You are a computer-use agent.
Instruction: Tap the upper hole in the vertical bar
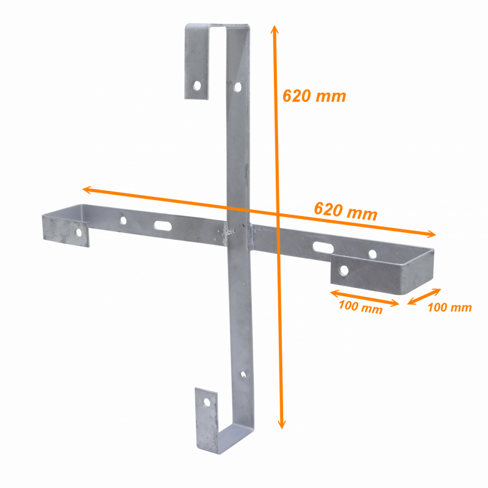pyautogui.click(x=238, y=87)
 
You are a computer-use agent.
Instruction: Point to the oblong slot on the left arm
pyautogui.click(x=163, y=225)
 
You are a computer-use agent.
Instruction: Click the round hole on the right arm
pyautogui.click(x=372, y=254)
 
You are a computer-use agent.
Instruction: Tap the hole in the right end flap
pyautogui.click(x=344, y=270)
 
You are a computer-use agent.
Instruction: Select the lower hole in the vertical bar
pyautogui.click(x=243, y=375)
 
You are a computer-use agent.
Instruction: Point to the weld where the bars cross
pyautogui.click(x=231, y=232)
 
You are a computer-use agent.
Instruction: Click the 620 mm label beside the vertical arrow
pyautogui.click(x=314, y=96)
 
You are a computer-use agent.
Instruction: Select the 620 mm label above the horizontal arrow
pyautogui.click(x=345, y=211)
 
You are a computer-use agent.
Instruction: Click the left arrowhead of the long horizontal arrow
pyautogui.click(x=86, y=190)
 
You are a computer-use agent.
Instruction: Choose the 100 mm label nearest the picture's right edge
pyautogui.click(x=449, y=307)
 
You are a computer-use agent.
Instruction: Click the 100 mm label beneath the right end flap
pyautogui.click(x=361, y=307)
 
